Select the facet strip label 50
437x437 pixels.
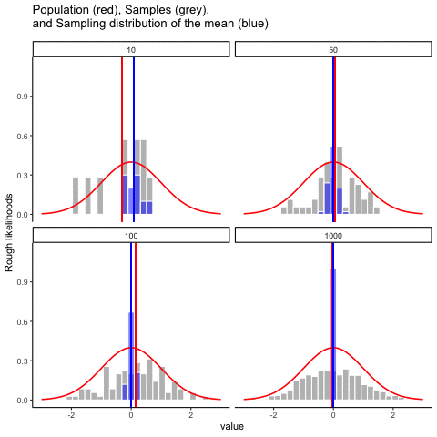[x=332, y=50]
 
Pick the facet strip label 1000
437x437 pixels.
[x=332, y=236]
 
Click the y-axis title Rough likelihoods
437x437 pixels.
[x=10, y=232]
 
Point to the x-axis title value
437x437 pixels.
[x=231, y=425]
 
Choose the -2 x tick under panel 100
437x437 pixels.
[x=71, y=413]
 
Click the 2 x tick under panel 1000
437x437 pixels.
[x=392, y=413]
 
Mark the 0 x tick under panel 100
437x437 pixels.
[x=130, y=413]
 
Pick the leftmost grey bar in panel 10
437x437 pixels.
[x=76, y=195]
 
